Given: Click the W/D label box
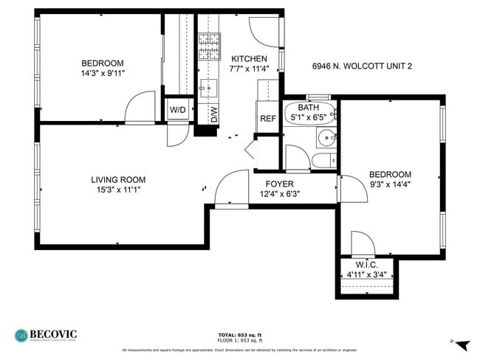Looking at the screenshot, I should coord(178,110).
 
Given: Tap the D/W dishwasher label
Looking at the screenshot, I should coord(214,114).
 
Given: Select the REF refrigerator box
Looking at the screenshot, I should coord(267,118).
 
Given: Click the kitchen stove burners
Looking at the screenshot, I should coord(210,46).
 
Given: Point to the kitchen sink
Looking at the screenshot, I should coord(205,88).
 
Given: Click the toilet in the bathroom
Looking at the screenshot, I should coord(323,161).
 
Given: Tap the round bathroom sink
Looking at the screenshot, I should coord(326,137).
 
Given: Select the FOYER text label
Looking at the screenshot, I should coord(280,184).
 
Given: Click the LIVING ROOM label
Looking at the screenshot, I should coord(118,179).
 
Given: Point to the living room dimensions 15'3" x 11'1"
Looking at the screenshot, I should coord(118,190).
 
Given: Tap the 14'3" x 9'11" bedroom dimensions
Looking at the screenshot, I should coord(103,74).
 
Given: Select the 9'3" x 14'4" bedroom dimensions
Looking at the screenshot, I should coord(390,185).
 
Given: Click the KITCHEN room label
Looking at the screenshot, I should coord(250,59).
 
